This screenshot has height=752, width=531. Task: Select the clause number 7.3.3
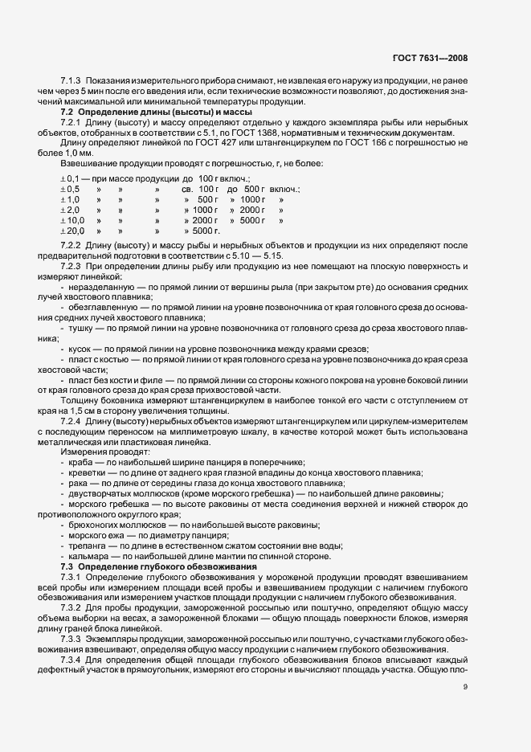72,637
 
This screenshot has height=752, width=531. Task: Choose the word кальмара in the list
90,557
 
